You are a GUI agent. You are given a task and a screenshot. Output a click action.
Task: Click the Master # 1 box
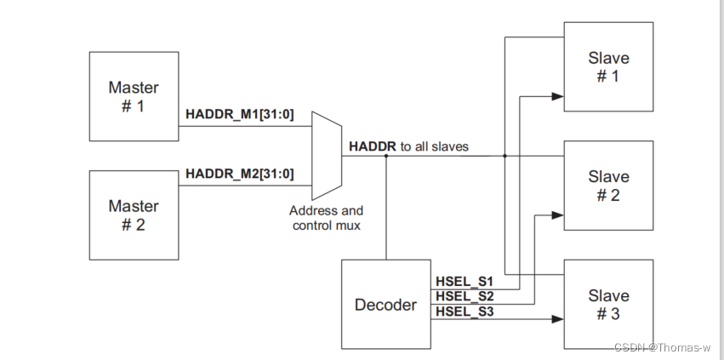coord(134,96)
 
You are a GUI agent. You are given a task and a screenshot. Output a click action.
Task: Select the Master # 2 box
coord(134,215)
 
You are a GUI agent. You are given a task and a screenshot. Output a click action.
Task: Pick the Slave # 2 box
coord(608,186)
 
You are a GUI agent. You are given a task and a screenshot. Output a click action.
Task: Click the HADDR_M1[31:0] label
coord(240,115)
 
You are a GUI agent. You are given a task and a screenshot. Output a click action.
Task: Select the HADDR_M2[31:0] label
coord(240,174)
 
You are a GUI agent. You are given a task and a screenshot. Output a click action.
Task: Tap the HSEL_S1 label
coord(465,280)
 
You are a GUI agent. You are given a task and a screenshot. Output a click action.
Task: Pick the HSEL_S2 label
coord(465,296)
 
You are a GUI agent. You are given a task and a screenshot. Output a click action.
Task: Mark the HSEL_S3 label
coord(465,312)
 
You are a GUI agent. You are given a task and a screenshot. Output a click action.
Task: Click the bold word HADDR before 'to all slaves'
coord(373,146)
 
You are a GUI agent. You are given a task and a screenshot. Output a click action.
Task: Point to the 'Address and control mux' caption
coord(326,218)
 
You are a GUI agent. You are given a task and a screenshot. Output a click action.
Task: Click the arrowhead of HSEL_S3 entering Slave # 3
coord(558,319)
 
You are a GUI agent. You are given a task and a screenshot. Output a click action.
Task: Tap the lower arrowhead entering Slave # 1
coord(558,97)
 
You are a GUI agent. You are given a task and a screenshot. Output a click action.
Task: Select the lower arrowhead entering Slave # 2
coord(558,215)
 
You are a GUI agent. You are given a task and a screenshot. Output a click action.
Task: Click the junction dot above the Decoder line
coord(386,156)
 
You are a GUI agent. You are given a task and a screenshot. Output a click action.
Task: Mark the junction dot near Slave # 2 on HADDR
coord(505,156)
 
